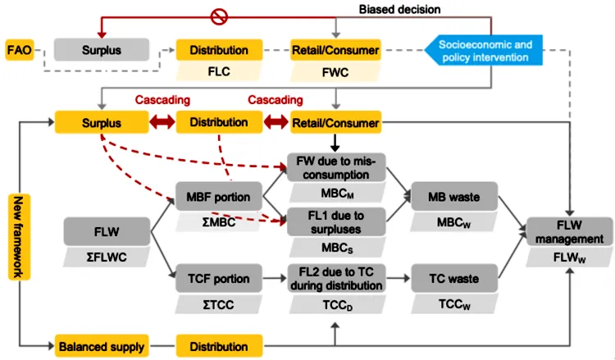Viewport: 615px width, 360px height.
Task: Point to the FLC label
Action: [219, 71]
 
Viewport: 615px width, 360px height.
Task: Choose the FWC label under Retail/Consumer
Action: [335, 71]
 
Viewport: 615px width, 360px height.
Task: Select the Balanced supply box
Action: [99, 344]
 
